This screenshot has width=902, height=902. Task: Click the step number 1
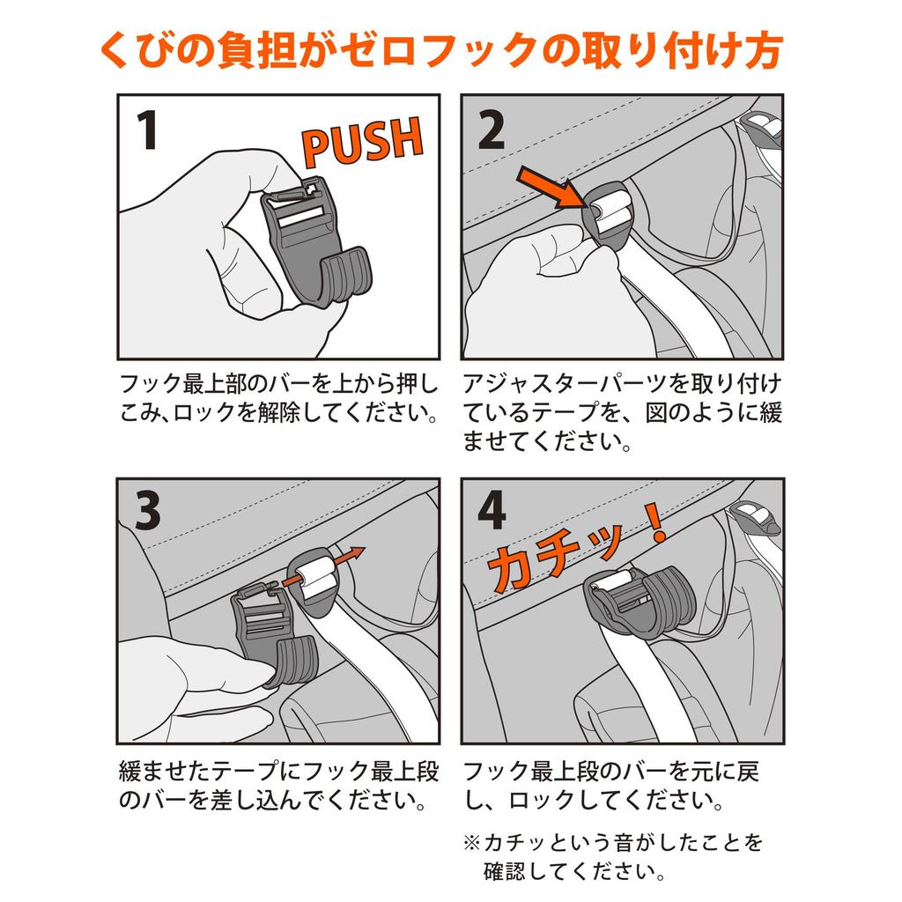click(147, 132)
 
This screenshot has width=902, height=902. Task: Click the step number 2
click(491, 132)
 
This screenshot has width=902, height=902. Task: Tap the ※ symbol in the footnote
click(473, 844)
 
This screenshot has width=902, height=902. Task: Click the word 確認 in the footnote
click(510, 873)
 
